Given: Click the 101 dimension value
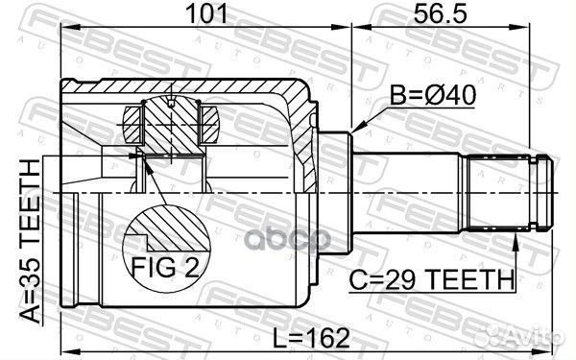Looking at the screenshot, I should click(205, 13).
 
